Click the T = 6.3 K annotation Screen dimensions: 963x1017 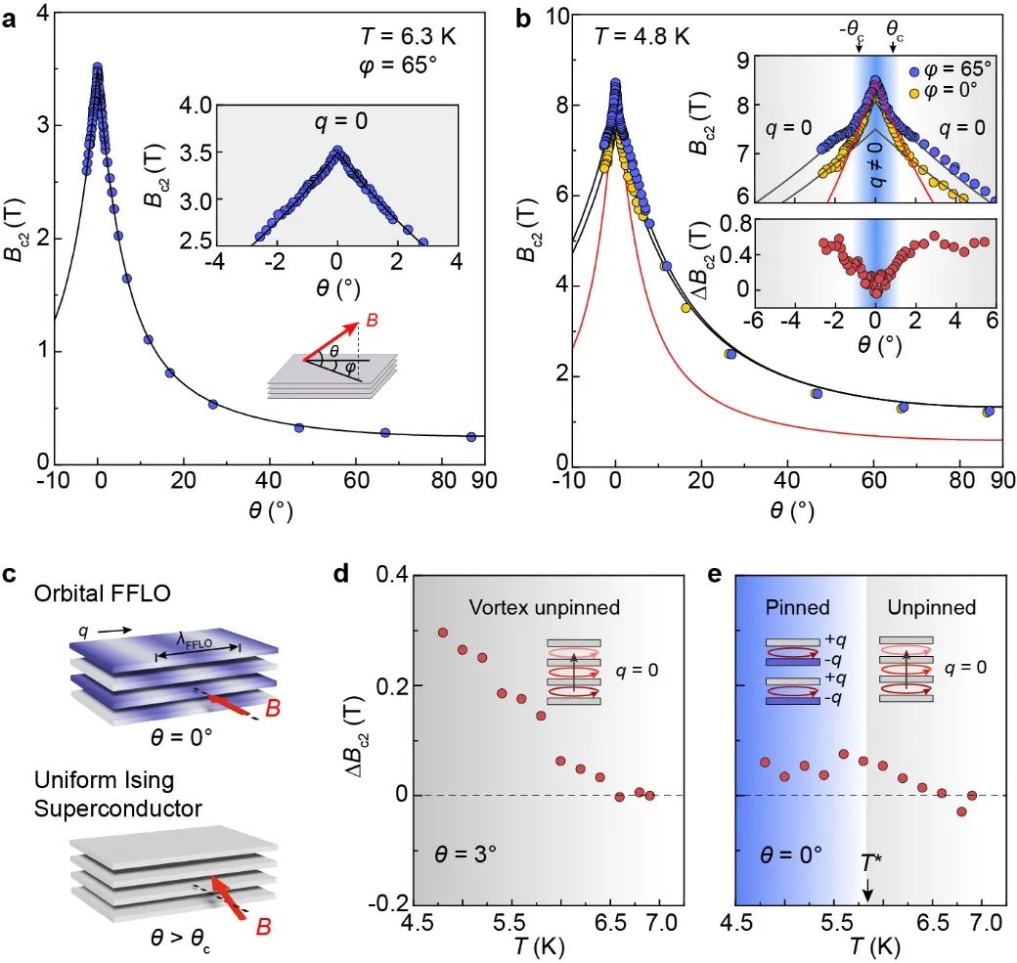406,37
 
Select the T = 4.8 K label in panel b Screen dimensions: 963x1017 642,37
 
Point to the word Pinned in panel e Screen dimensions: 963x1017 798,608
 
